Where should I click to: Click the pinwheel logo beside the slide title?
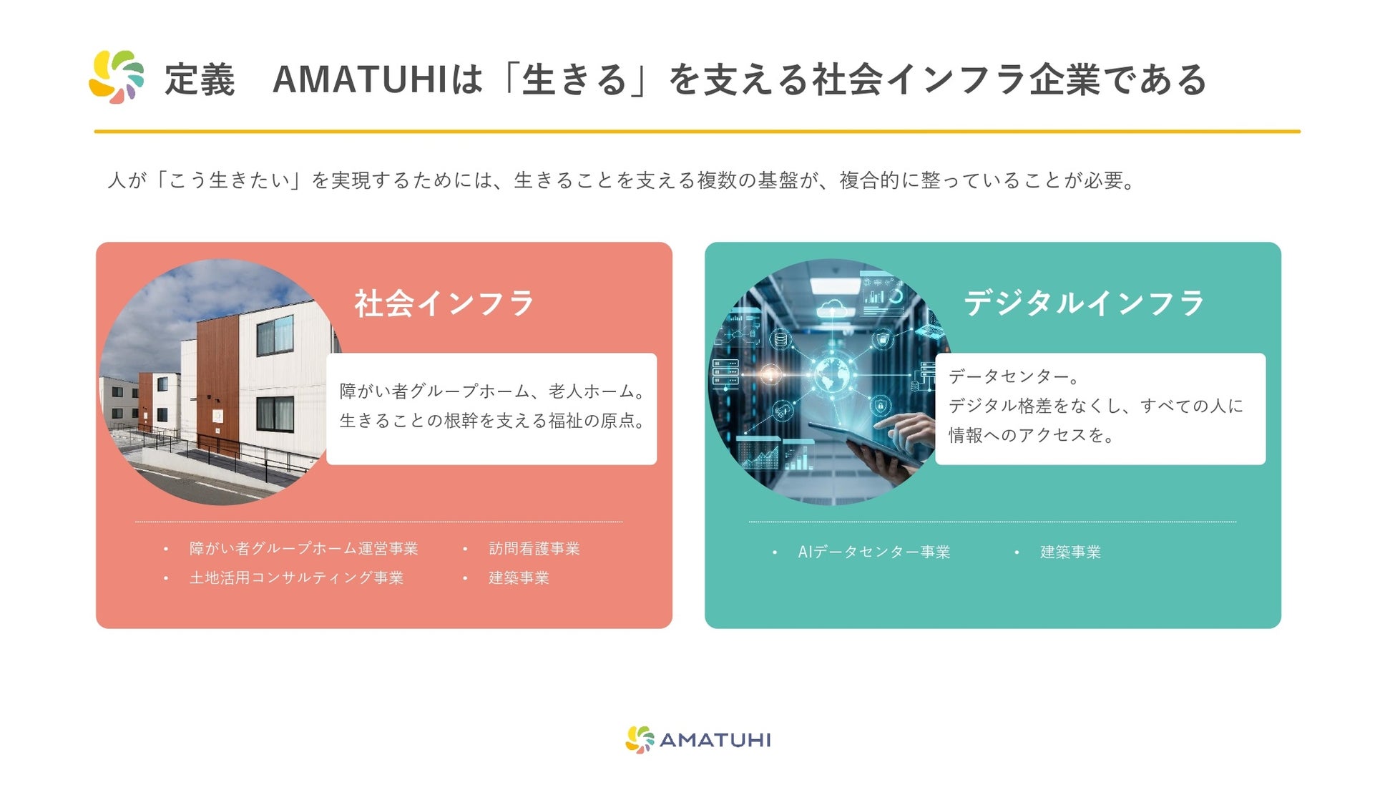tap(117, 77)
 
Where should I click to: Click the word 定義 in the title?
tap(200, 79)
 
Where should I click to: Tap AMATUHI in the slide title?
tap(360, 79)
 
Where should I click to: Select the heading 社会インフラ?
tap(444, 303)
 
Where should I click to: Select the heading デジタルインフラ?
tap(1084, 303)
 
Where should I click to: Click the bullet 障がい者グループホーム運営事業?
tap(303, 549)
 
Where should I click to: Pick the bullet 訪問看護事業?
tap(534, 549)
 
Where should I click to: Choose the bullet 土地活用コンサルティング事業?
tap(296, 578)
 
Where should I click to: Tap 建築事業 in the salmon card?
tap(519, 578)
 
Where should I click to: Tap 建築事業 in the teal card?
tap(1070, 552)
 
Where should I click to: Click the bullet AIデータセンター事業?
tap(874, 552)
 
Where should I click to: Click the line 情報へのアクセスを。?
tap(1032, 435)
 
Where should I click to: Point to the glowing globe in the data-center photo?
tap(831, 374)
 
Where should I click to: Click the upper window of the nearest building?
tap(275, 335)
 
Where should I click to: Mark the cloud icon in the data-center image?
tap(833, 308)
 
